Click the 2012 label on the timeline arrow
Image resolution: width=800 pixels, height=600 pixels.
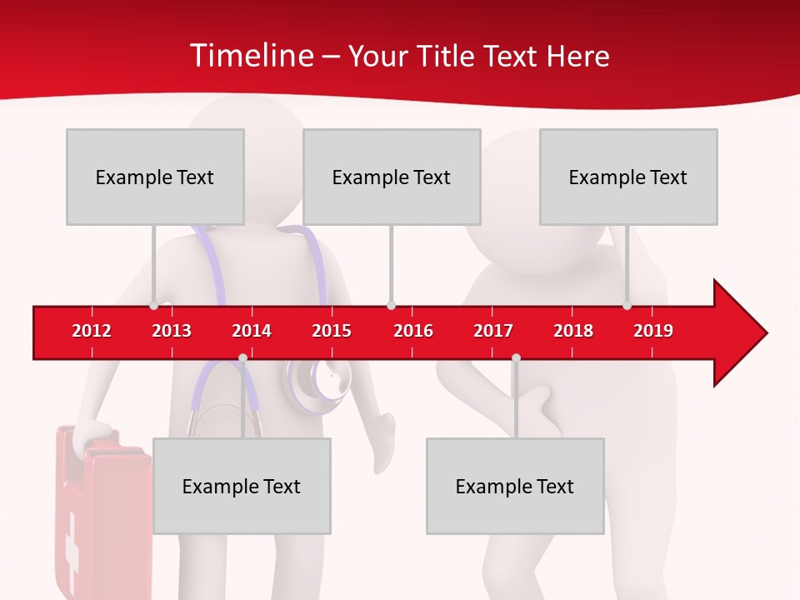click(92, 331)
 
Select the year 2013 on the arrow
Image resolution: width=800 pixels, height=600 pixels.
click(172, 331)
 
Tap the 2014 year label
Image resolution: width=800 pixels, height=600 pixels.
click(252, 331)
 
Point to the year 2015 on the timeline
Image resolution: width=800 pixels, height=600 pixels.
click(332, 331)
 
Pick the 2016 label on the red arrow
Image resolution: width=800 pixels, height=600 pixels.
click(413, 331)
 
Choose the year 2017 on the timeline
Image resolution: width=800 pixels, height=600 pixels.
click(493, 331)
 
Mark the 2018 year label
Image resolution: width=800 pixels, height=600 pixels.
click(573, 331)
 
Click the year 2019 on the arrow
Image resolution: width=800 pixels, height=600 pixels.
click(653, 331)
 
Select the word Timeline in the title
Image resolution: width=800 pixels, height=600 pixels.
click(250, 56)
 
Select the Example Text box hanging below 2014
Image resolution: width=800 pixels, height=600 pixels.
click(242, 486)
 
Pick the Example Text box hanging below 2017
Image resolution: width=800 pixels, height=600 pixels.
click(515, 486)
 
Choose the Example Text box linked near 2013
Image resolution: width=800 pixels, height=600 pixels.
click(155, 177)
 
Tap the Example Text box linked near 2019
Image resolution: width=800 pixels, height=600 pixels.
click(628, 177)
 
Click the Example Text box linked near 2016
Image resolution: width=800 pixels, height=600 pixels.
click(392, 177)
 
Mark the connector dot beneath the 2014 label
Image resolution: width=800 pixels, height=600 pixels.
click(242, 358)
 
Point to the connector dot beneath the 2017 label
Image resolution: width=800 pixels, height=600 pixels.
click(516, 358)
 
